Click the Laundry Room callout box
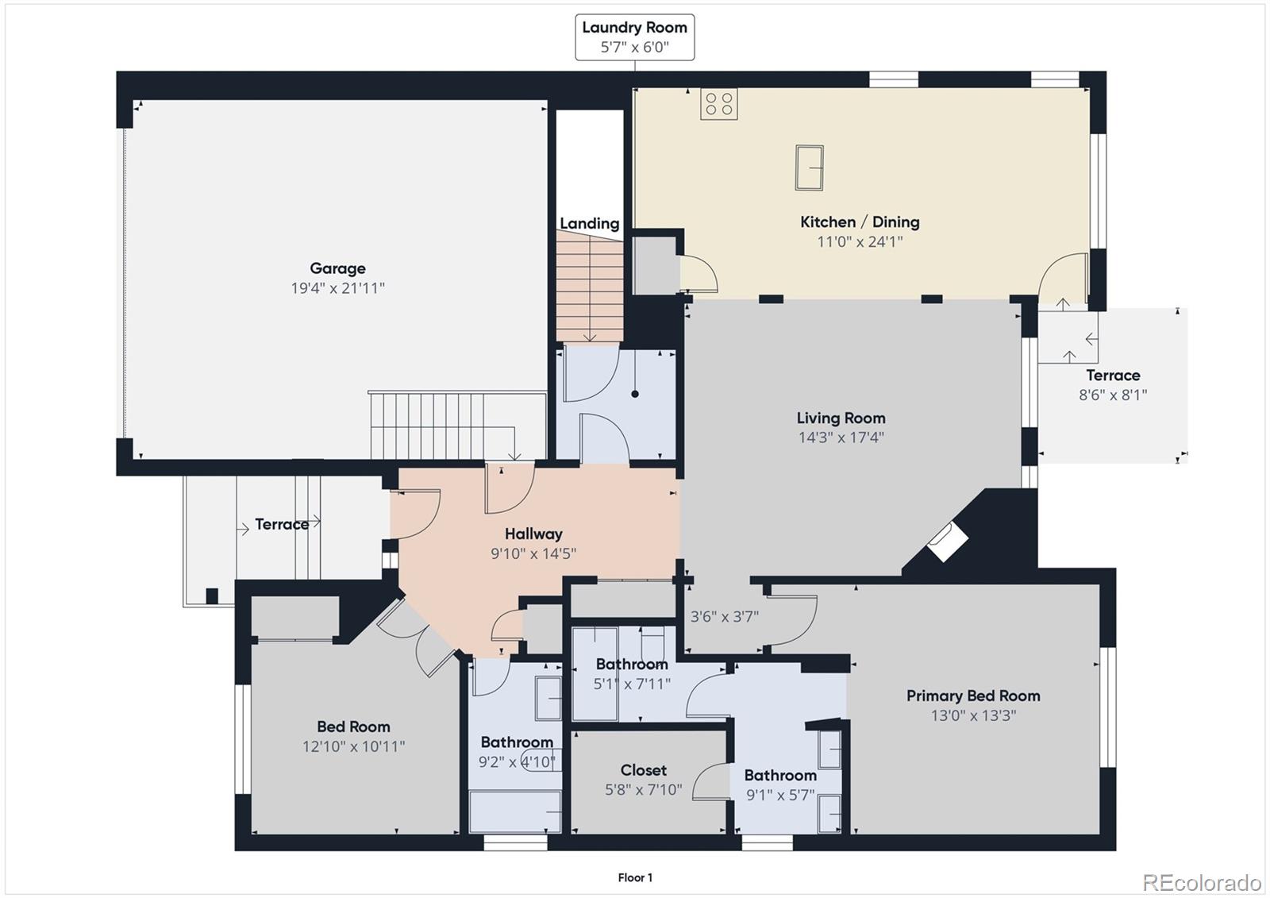(x=634, y=37)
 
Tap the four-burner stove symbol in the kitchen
(x=718, y=104)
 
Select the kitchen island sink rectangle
(x=809, y=167)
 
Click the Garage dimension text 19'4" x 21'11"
(x=337, y=288)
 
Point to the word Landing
(x=589, y=224)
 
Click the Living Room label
(x=841, y=418)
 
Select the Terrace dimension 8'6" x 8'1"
(x=1112, y=395)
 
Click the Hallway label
(x=533, y=534)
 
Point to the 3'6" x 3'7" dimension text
(x=724, y=616)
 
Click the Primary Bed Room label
(x=973, y=696)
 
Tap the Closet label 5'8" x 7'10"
(x=643, y=780)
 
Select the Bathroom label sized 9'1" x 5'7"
(x=779, y=784)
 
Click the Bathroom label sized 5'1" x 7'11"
(x=632, y=673)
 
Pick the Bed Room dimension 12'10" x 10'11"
(x=353, y=746)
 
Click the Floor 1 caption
(x=635, y=877)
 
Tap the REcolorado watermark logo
(x=1201, y=882)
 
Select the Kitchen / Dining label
(x=860, y=222)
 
